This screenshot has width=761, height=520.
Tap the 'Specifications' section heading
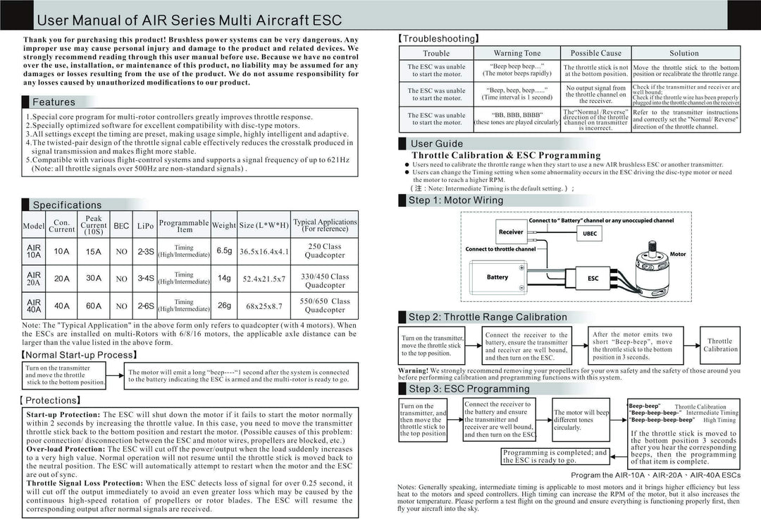[x=67, y=205]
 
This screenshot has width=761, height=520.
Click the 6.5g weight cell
[x=224, y=250]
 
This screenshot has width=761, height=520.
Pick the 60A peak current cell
[x=94, y=306]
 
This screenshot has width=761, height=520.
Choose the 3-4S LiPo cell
[x=146, y=278]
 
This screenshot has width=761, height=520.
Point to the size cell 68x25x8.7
[x=264, y=306]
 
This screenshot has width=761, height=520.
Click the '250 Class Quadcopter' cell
[x=325, y=250]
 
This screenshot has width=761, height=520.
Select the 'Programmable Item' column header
[x=184, y=226]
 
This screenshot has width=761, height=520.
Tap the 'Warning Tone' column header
[x=517, y=53]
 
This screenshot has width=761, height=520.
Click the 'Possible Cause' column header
[x=595, y=53]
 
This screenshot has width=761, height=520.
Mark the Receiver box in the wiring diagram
[x=511, y=231]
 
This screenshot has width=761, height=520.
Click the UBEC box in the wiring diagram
[x=590, y=234]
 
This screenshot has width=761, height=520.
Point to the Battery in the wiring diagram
[x=497, y=278]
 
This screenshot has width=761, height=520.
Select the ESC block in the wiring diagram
[x=593, y=279]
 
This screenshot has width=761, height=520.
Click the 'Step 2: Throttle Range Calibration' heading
[x=488, y=318]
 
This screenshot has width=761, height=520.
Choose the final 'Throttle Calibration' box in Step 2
[x=719, y=345]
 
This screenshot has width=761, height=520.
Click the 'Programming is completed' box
[x=555, y=456]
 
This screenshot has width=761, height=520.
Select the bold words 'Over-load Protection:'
[x=66, y=449]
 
